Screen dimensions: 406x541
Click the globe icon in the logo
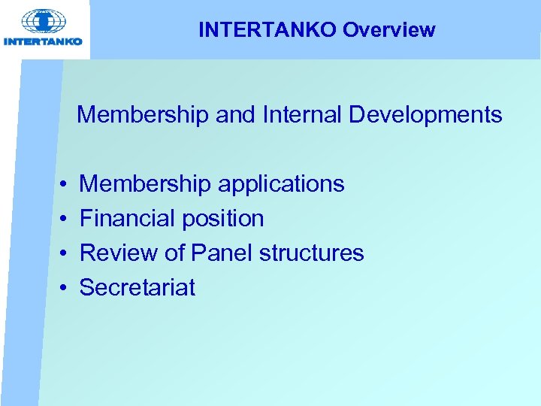click(x=44, y=22)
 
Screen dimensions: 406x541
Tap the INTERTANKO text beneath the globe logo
click(x=44, y=41)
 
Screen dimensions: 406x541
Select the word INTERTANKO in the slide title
click(x=268, y=30)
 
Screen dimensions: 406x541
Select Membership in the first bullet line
click(x=146, y=184)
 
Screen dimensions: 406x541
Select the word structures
click(x=311, y=253)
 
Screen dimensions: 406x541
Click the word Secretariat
click(x=138, y=287)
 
